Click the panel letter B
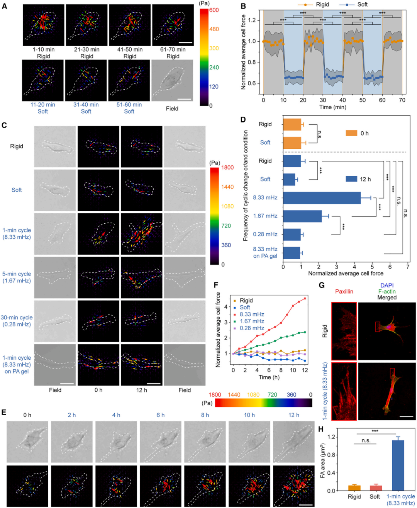click(243, 6)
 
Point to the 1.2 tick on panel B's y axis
click(252, 20)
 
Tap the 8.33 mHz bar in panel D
click(322, 198)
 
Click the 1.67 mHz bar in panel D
click(302, 216)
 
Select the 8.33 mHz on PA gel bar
click(292, 253)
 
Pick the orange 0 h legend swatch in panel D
click(351, 133)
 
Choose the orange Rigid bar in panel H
click(354, 488)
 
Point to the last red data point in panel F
click(305, 299)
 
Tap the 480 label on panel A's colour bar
click(214, 29)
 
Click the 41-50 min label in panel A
click(130, 49)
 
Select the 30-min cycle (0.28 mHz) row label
click(17, 321)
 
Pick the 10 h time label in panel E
click(249, 415)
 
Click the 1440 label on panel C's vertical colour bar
click(227, 187)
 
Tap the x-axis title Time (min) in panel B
click(333, 107)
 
